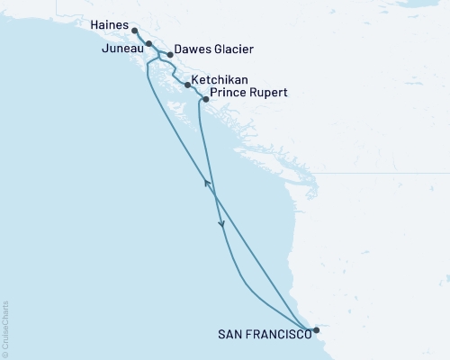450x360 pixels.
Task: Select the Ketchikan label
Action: (x=220, y=80)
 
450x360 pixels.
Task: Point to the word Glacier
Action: (x=231, y=49)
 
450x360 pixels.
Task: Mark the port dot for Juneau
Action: (x=148, y=43)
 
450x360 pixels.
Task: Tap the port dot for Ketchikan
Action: (x=186, y=85)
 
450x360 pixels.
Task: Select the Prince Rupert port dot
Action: (x=206, y=99)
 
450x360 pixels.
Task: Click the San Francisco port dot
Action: (x=316, y=330)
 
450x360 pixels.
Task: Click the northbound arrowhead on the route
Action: (x=208, y=184)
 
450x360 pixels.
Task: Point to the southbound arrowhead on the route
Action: (x=220, y=228)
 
